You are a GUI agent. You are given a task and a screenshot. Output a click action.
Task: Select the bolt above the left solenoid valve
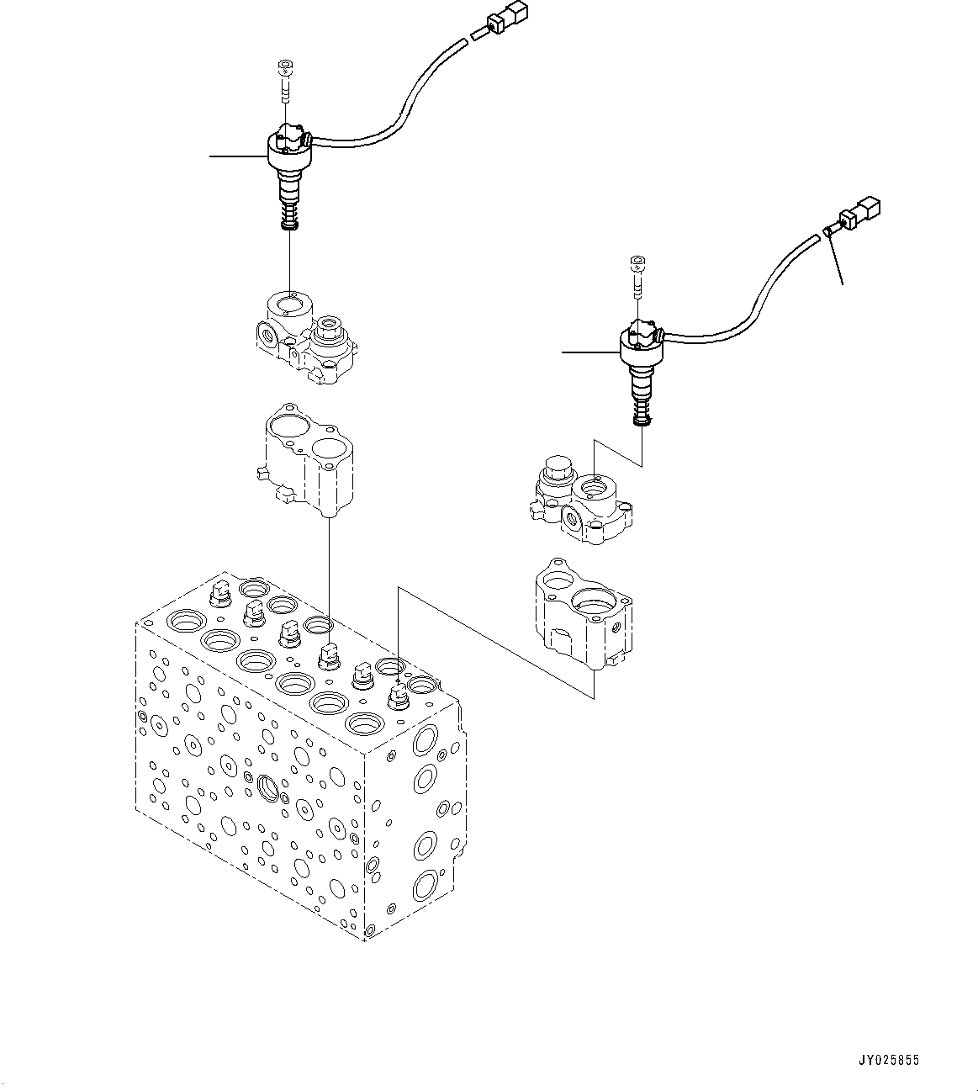284,81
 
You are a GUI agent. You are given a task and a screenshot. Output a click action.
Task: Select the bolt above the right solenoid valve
637,275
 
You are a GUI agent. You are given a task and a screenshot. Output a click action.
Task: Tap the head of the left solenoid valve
288,146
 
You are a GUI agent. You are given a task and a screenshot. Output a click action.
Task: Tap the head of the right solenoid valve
642,341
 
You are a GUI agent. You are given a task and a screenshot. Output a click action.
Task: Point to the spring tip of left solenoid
288,221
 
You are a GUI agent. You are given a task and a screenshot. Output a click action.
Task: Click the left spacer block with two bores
307,460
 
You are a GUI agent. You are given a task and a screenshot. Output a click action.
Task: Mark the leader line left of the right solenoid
590,352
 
